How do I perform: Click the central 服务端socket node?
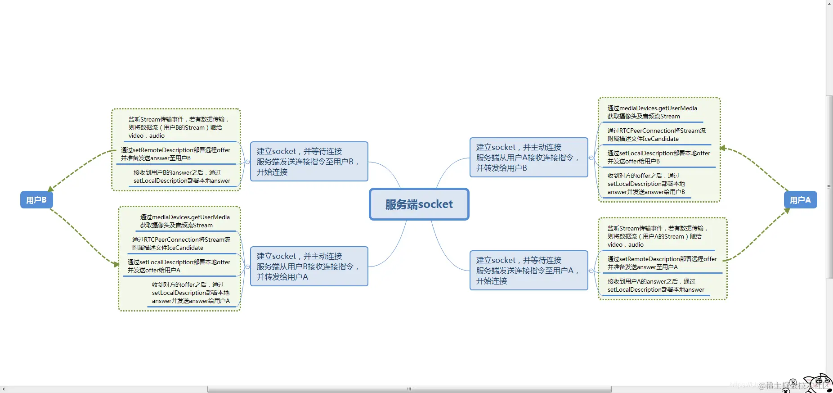coord(419,204)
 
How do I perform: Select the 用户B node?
coord(36,200)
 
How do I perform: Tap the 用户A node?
coord(800,200)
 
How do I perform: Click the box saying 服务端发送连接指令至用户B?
coord(309,162)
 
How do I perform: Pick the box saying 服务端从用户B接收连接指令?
coord(309,267)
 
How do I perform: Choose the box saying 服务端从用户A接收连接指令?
coord(528,158)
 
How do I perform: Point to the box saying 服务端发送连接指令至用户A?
coord(528,271)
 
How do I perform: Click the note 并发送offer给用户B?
coord(658,157)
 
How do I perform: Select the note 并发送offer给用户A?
coord(179,266)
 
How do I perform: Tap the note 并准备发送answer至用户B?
coord(175,154)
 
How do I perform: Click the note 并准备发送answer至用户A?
coord(662,263)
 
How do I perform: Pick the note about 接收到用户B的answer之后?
coord(182,176)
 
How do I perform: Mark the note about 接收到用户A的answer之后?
coord(656,285)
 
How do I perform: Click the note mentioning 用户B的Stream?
coord(179,127)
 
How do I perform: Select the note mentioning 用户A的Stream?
coord(658,236)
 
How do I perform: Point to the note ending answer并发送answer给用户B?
coord(646,184)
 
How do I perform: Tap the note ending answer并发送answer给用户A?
coord(191,293)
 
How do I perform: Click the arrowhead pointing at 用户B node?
coord(51,188)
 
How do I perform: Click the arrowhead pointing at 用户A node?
coord(787,211)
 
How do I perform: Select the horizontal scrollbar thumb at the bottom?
coord(409,389)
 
